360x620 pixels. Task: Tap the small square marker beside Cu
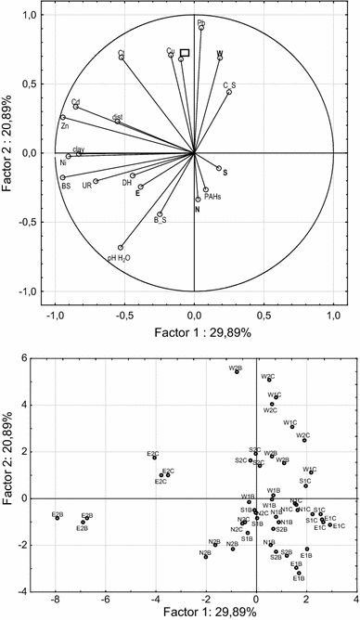coord(185,54)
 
